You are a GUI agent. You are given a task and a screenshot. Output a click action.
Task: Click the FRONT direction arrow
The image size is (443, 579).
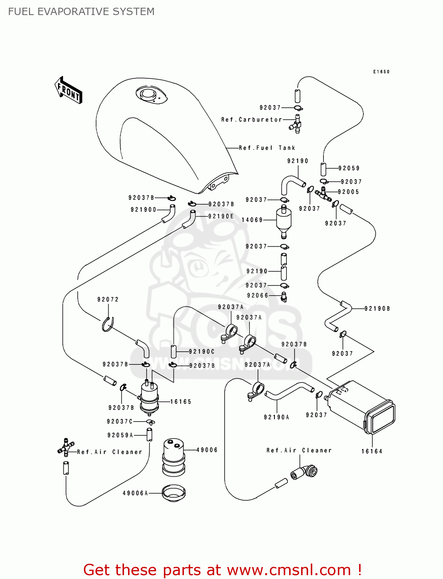point(68,90)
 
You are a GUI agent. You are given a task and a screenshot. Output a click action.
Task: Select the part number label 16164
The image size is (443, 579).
point(372,451)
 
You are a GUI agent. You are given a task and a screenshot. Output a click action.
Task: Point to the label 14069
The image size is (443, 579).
point(252,220)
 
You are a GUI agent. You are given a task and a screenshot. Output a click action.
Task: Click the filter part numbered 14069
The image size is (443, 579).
point(284,222)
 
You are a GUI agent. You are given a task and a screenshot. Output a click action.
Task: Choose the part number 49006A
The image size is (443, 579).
point(135,493)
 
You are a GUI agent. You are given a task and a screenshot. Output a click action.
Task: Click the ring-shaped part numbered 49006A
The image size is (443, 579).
point(174,493)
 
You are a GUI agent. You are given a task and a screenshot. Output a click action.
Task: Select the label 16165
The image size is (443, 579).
point(181,402)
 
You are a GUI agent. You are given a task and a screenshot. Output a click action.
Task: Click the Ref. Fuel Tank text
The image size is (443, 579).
point(267,148)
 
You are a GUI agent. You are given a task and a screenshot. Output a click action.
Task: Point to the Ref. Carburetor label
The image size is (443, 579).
point(252,120)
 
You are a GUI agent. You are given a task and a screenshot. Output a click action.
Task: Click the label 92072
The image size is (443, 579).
point(108,300)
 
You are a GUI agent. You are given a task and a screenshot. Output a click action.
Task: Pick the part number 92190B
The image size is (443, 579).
point(377,308)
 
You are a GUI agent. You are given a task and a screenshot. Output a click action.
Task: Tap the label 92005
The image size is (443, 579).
point(348,192)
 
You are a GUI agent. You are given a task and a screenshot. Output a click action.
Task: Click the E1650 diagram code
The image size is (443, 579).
point(381,72)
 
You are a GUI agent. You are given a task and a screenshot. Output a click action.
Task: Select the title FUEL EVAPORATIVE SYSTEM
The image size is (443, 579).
point(81,12)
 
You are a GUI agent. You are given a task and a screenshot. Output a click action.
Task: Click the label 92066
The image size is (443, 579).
point(257,296)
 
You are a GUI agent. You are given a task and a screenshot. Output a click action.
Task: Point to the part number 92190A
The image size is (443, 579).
point(276,417)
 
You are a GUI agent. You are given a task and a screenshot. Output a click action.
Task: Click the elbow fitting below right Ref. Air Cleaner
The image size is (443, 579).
point(305,472)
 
